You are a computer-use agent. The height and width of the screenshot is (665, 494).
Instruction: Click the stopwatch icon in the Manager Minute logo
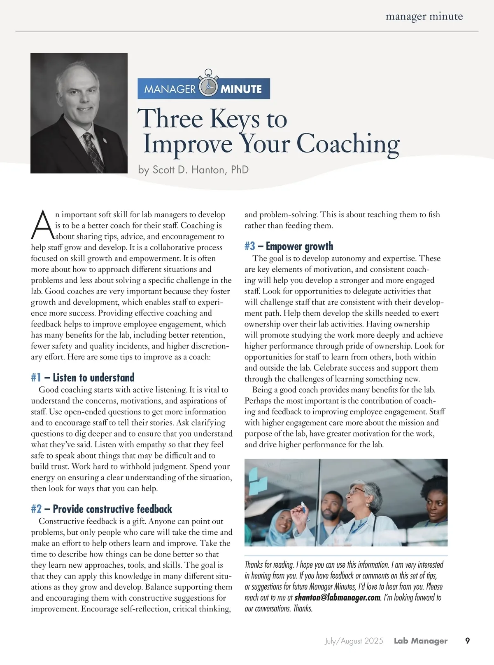click(208, 86)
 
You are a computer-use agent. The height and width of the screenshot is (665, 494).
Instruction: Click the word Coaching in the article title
click(348, 144)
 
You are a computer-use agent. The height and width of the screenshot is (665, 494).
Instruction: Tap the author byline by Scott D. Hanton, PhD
click(193, 170)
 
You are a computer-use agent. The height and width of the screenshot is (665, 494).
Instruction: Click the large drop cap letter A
click(42, 226)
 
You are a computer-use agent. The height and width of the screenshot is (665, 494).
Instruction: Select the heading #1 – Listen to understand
click(83, 378)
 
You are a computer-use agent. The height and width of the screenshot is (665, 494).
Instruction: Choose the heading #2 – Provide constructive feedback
click(101, 509)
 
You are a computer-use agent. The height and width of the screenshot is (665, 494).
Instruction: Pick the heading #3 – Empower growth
click(289, 247)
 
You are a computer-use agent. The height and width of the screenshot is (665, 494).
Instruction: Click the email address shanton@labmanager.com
click(337, 597)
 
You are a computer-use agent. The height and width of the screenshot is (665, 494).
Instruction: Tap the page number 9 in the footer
click(467, 641)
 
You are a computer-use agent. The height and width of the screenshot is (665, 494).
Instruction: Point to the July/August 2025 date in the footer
click(354, 641)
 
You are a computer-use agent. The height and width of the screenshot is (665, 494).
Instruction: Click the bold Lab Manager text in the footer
click(420, 641)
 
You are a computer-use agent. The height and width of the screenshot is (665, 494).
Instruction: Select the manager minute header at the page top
click(424, 17)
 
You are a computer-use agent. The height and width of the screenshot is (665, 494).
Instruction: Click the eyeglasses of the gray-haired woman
click(357, 491)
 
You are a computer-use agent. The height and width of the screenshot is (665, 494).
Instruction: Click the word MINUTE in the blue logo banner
click(241, 89)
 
